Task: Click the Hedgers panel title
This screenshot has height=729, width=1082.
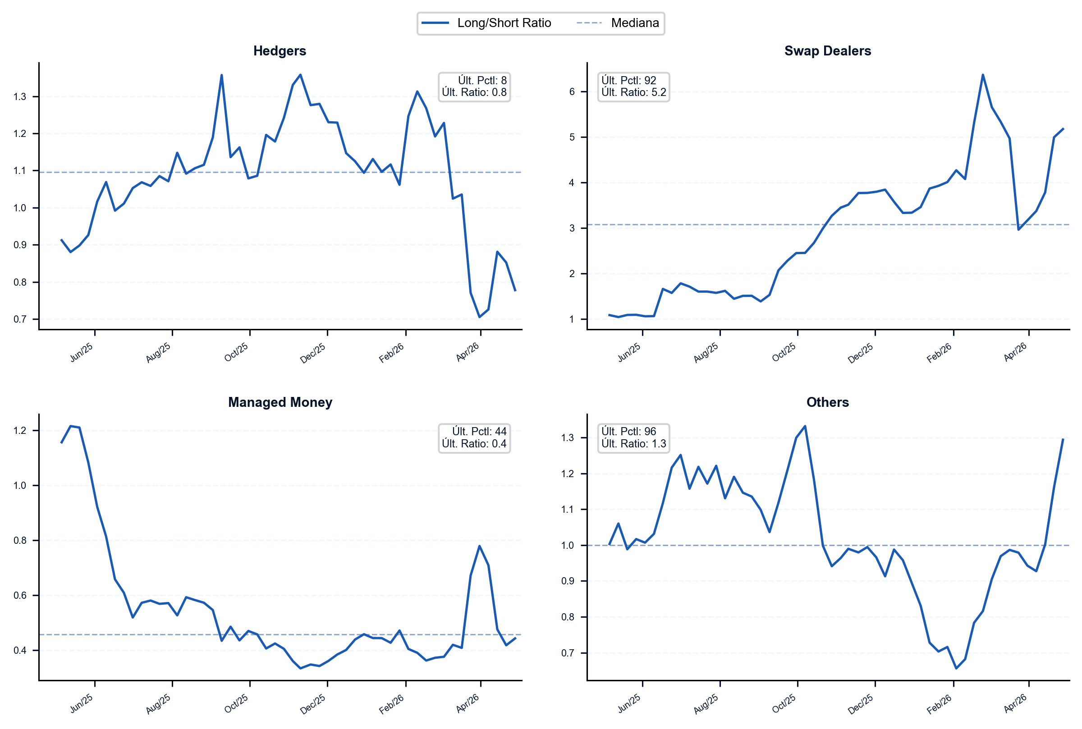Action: coord(280,50)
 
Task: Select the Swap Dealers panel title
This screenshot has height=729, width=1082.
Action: coord(828,50)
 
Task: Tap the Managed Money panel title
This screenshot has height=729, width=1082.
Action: coord(280,402)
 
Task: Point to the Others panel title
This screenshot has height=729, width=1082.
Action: coord(828,402)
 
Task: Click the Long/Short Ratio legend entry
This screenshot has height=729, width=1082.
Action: coord(504,23)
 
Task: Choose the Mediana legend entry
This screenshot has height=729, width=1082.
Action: coord(635,23)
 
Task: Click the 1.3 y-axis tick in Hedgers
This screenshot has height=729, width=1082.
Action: coord(20,97)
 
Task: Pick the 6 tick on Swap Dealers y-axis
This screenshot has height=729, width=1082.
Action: coord(572,91)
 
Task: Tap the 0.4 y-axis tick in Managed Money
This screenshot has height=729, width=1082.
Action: coord(20,651)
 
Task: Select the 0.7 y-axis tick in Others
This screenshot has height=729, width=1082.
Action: coord(568,653)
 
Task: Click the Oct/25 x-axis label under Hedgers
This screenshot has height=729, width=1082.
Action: coord(236,352)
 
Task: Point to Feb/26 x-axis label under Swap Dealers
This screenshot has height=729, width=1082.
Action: coord(939,353)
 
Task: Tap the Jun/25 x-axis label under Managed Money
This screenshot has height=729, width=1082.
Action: coord(82,704)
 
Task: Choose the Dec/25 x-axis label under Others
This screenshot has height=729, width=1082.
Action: coord(861,704)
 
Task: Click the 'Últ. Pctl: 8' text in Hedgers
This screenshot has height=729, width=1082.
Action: coord(482,81)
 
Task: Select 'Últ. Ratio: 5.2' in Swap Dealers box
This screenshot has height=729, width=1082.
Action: coord(633,92)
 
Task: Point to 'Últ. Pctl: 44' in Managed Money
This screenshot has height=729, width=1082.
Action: coord(479,432)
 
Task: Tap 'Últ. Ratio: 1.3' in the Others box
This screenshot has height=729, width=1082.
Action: coord(633,443)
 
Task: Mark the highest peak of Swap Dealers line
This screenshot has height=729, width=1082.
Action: coord(983,74)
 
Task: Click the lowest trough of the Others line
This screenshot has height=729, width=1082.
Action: coord(956,669)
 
